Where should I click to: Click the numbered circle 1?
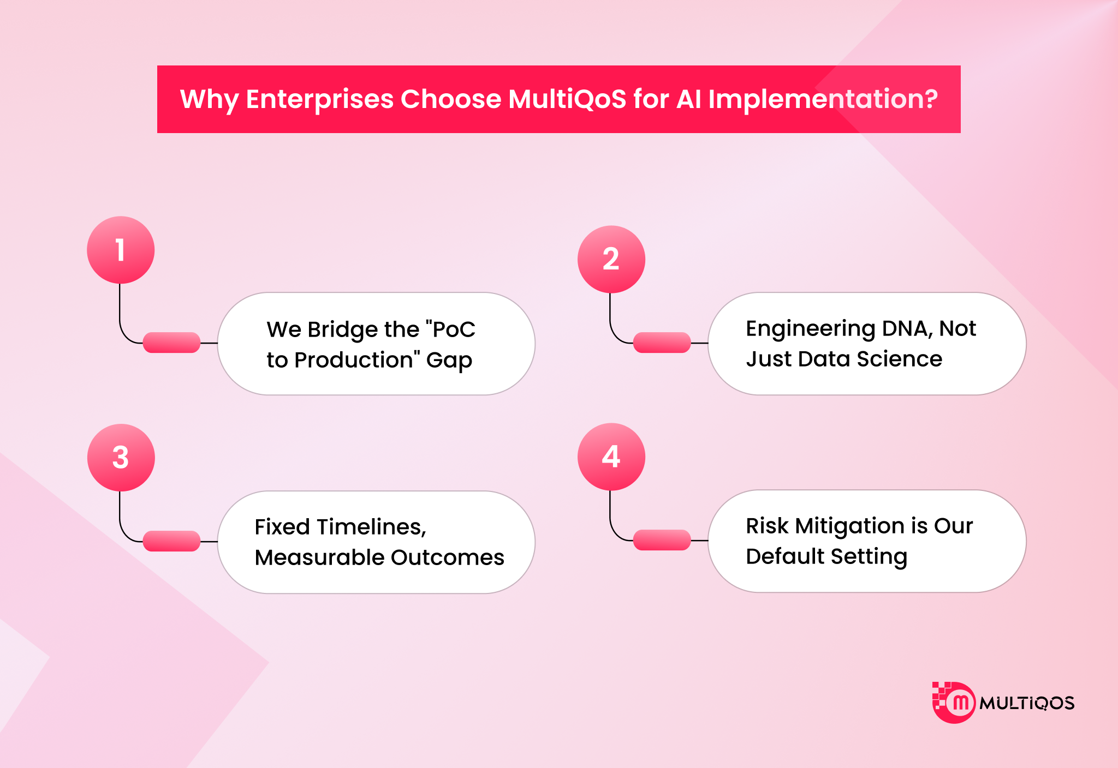click(x=121, y=250)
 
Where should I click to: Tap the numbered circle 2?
click(x=611, y=259)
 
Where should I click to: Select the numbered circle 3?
click(x=121, y=457)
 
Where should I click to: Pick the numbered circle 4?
click(x=611, y=457)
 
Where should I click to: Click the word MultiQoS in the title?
click(x=567, y=99)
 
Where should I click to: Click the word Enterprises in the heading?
click(x=319, y=99)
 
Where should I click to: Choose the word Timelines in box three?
click(x=371, y=527)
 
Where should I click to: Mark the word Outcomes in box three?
click(x=447, y=557)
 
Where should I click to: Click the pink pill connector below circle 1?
click(x=171, y=343)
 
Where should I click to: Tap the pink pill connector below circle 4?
click(x=662, y=540)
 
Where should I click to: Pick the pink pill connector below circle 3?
click(x=171, y=541)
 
